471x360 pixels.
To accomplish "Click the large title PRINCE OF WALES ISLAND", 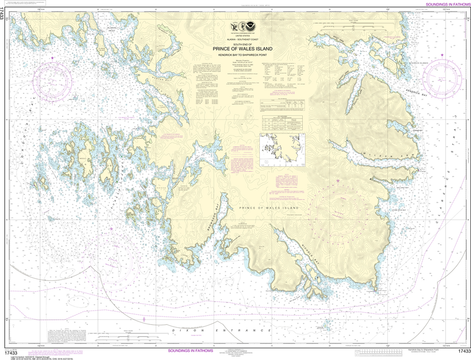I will tap(242, 49).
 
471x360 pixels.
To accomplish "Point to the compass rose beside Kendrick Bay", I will tap(442, 74).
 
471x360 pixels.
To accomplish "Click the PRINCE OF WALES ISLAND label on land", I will tap(271, 208).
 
